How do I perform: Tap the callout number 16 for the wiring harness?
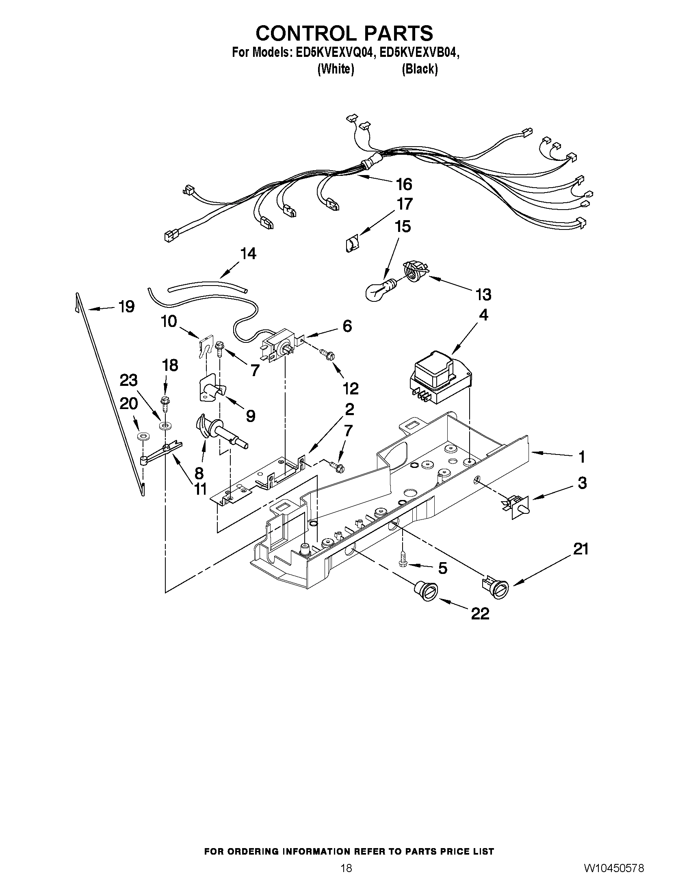click(404, 185)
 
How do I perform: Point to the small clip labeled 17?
click(351, 245)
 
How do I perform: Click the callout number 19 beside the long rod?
click(126, 306)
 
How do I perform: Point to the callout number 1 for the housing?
click(581, 457)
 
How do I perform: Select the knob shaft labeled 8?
click(221, 433)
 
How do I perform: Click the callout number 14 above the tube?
click(248, 254)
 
